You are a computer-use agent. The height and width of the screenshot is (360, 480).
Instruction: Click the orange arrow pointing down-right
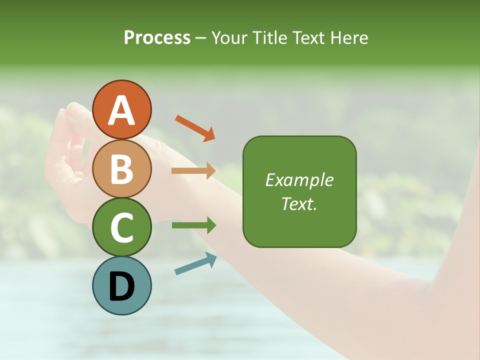point(195,128)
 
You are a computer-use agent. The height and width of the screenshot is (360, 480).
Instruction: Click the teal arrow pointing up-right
point(195,264)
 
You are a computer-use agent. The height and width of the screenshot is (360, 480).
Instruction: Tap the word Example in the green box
point(299,180)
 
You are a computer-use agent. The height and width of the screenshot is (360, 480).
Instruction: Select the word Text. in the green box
point(299,204)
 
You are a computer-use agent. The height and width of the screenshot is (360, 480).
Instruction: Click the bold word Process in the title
point(157,37)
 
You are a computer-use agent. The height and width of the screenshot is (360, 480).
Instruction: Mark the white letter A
point(122,110)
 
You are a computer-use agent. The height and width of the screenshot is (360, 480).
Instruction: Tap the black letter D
point(122,286)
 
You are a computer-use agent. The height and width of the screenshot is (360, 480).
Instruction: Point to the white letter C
point(122,228)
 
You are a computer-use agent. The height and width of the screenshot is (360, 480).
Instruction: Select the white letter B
point(122,169)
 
